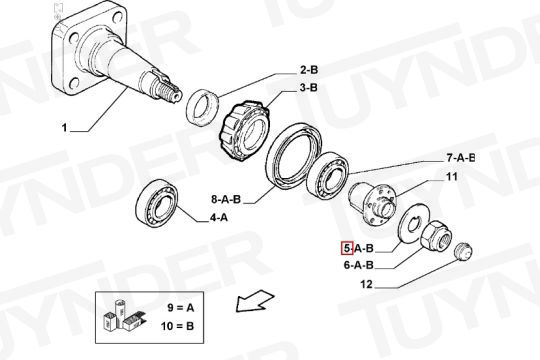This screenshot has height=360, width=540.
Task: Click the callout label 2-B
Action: [309, 70]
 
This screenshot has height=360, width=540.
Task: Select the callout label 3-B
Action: [308, 88]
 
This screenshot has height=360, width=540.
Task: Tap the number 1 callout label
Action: [64, 128]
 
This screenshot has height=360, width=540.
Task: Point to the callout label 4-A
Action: [219, 218]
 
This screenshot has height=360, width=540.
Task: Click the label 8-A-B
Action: [226, 199]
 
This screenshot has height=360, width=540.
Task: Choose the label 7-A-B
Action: [460, 158]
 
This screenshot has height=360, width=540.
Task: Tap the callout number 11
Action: [451, 177]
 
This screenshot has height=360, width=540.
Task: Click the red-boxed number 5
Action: [347, 248]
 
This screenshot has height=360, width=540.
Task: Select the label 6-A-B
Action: [359, 265]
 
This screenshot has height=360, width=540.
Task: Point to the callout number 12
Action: [367, 285]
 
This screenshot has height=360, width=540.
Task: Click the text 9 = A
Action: [181, 307]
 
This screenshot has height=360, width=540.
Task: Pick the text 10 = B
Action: [178, 326]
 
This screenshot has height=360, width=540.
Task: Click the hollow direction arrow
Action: [255, 300]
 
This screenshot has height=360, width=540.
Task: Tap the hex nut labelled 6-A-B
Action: [436, 237]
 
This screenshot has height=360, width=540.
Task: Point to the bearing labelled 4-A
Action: [157, 203]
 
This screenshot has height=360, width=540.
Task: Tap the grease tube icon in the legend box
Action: [121, 311]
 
